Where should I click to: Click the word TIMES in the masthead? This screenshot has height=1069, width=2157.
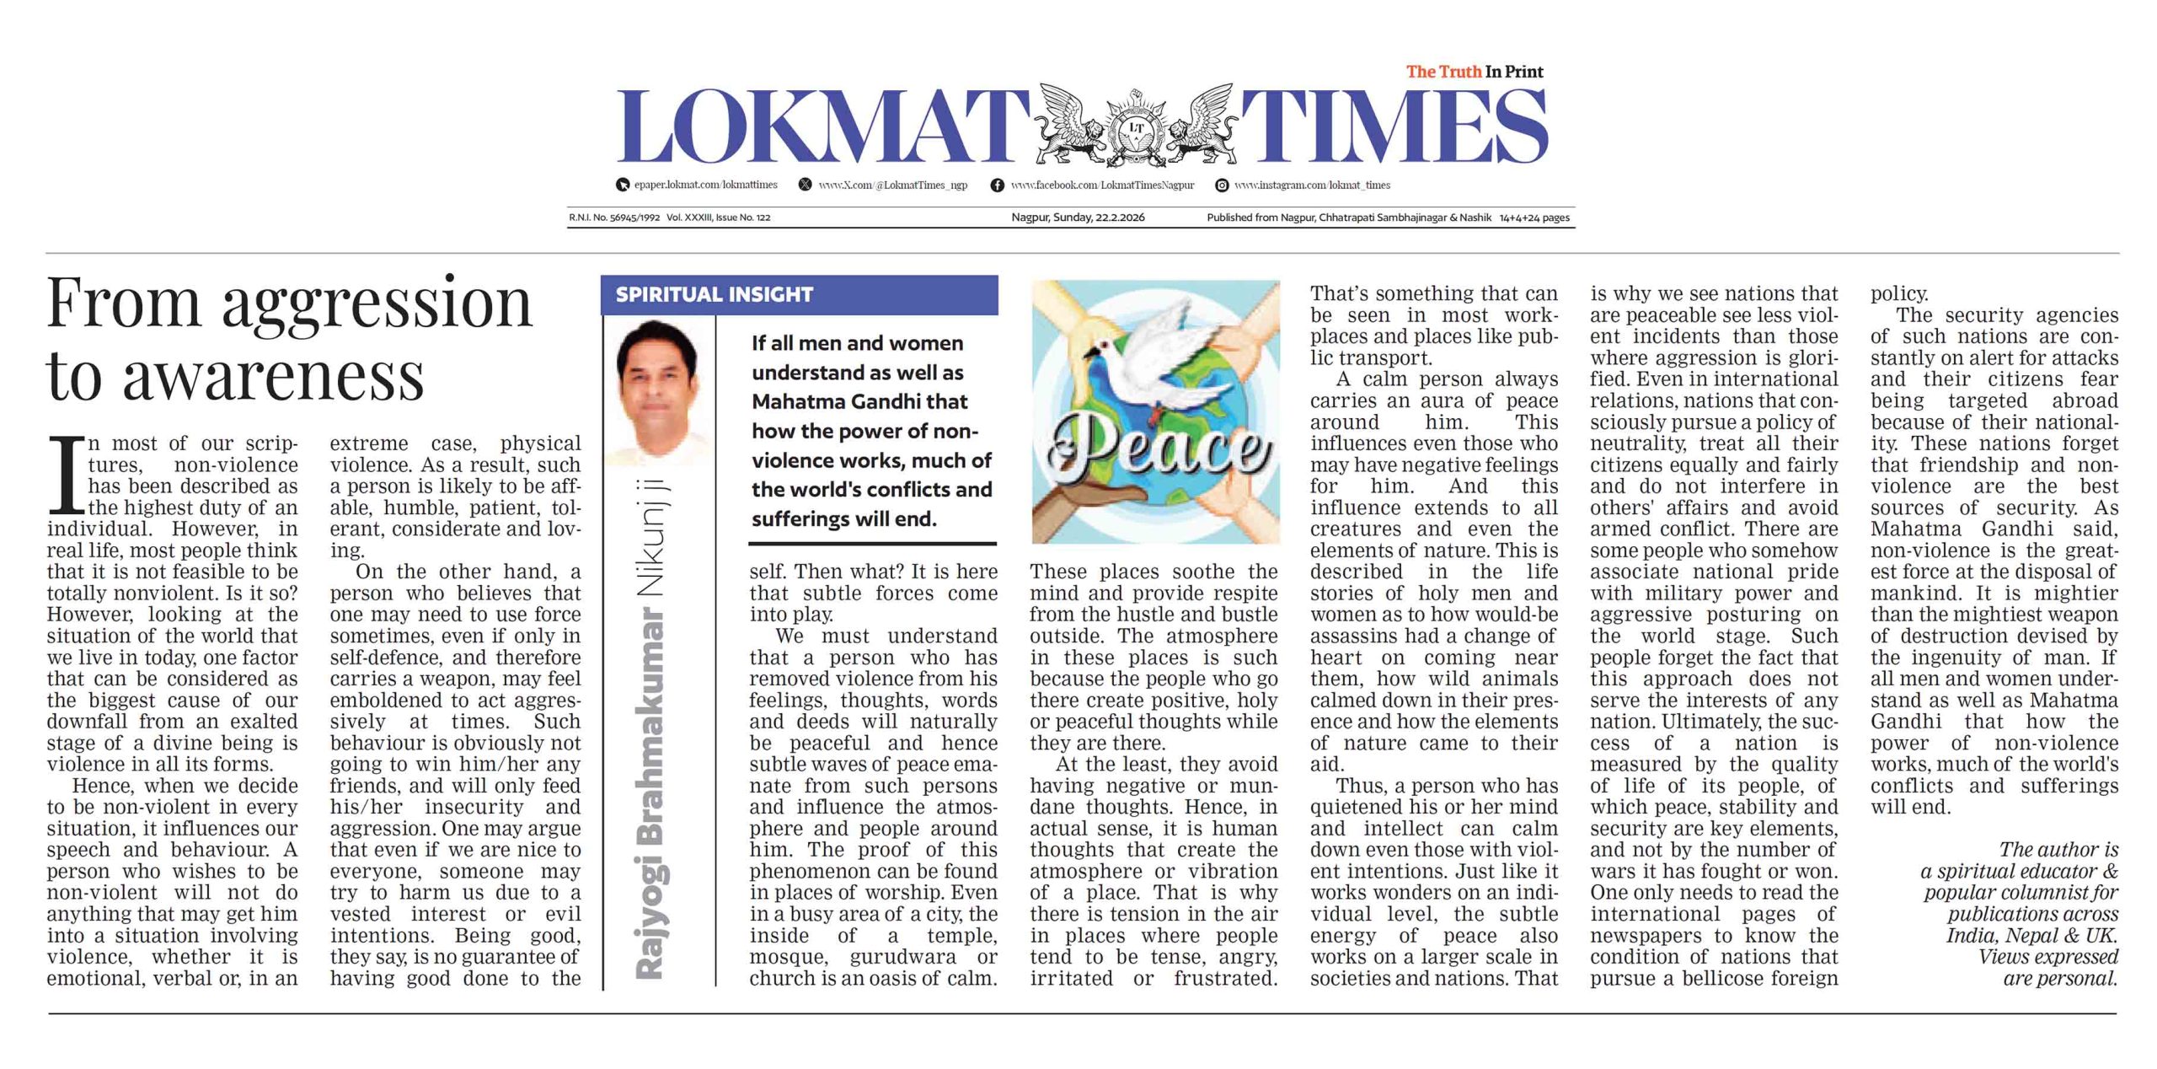coord(1394,126)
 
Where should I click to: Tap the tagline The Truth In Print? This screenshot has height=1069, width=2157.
coord(1475,72)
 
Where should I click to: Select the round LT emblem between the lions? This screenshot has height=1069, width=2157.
coord(1135,128)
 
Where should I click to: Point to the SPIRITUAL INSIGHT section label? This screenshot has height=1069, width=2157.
coord(715,294)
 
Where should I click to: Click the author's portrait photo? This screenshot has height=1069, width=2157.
coord(658,392)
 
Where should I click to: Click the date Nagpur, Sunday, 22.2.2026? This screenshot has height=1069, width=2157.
coord(1078,218)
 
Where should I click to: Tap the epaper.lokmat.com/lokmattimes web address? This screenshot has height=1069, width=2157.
coord(705,185)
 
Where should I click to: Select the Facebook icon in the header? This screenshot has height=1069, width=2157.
coord(997,185)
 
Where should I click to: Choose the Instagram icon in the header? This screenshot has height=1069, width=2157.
coord(1221,185)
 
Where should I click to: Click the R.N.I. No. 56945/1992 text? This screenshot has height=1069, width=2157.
coord(613,218)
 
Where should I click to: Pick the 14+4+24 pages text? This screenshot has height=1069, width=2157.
coord(1534,218)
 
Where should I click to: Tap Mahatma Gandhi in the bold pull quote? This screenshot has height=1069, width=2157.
coord(859,401)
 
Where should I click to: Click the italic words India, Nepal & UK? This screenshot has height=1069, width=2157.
coord(2031,936)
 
